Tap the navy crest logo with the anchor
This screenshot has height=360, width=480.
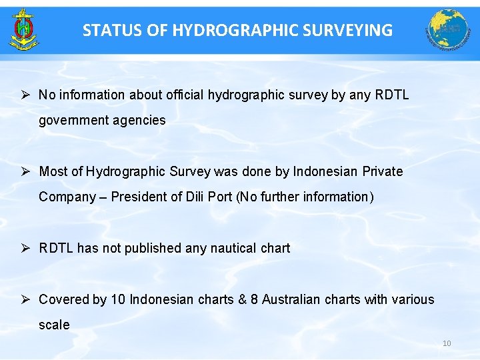coord(24,29)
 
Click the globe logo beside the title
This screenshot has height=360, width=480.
coord(447,29)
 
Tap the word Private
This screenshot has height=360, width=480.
coord(383,171)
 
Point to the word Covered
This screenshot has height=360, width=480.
coord(63,299)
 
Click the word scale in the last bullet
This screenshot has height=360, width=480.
coord(54,325)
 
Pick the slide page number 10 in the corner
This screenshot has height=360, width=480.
coord(447,343)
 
